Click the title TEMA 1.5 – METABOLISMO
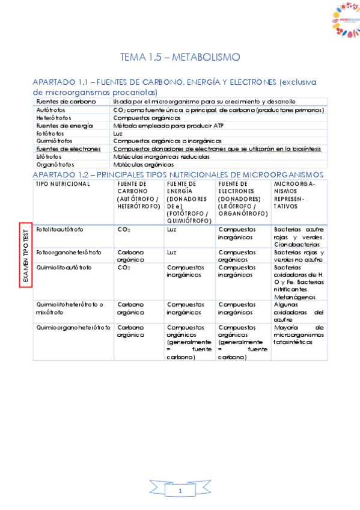(180, 57)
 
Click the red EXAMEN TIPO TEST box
(25, 254)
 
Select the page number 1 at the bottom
(180, 492)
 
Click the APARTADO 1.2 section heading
(177, 174)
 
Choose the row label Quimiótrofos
(55, 141)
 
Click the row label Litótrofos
(49, 156)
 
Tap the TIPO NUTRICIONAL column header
(63, 183)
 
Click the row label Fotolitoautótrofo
(60, 229)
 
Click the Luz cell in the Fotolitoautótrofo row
(172, 229)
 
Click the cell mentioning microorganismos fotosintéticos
(299, 335)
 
